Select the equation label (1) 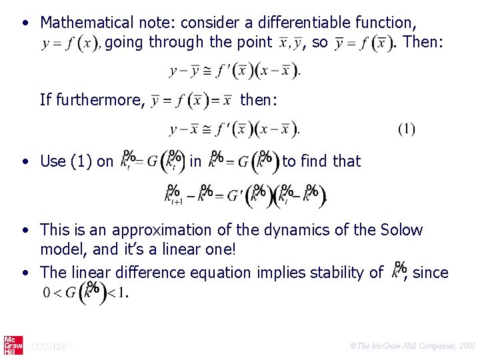pos(406,128)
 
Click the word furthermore pos(101,100)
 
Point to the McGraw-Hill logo pos(12,345)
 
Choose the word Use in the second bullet pos(53,161)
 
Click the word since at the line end pos(431,272)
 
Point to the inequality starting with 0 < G pos(85,292)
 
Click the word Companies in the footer pos(431,346)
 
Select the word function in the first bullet pos(385,23)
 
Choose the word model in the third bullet pos(61,249)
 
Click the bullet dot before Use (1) pos(24,161)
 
